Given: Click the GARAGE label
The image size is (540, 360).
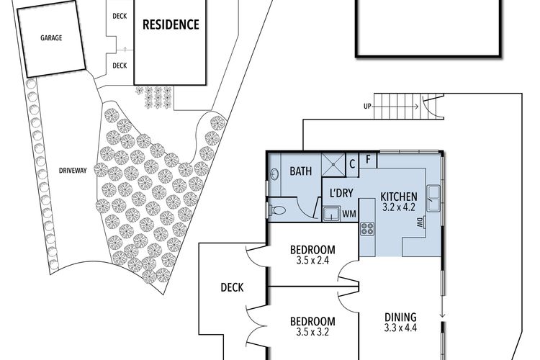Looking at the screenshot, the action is [51, 38].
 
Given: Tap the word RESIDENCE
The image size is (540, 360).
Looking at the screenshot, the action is [171, 24].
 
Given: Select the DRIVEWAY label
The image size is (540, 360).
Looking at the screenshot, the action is [73, 170].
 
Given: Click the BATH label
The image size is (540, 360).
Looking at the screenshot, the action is [301, 171].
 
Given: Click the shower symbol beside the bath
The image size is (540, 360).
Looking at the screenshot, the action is [333, 165].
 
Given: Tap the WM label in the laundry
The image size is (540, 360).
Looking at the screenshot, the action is [349, 214].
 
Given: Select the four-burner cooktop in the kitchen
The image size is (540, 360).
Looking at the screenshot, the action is [367, 229].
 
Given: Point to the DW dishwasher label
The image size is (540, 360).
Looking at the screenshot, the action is [420, 222].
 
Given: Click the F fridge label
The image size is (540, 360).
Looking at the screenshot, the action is [368, 160].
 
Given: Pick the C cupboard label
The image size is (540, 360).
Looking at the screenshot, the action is [352, 164].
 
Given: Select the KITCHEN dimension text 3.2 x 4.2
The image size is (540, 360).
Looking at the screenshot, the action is [398, 207].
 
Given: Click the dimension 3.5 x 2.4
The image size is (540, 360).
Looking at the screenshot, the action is [312, 260].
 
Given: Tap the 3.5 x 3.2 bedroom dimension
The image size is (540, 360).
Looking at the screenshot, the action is [312, 332].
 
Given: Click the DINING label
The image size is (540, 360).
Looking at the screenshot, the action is [400, 317].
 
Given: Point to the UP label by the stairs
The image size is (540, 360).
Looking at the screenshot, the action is [367, 107].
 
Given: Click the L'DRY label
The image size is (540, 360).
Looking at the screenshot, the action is [341, 193].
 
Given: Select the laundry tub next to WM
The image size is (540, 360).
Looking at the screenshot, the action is [332, 214].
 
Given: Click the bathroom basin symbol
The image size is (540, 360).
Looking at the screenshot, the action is [274, 174].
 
